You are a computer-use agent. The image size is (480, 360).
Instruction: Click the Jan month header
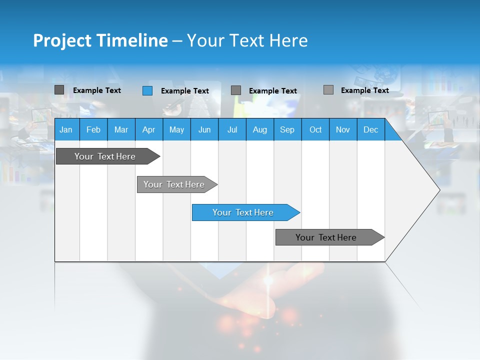pos(66,129)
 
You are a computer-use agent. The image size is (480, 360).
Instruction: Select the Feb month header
pos(93,129)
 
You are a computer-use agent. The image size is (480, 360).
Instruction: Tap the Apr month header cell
pos(149,129)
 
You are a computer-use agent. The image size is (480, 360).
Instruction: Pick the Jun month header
pos(204,129)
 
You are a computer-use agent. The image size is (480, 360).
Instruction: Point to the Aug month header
pos(260,129)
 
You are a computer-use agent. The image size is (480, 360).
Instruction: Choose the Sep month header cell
pos(287,129)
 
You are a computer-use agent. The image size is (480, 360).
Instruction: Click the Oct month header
pos(315,129)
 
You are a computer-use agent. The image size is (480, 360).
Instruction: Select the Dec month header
pos(371,129)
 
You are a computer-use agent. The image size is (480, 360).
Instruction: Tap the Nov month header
pos(343,129)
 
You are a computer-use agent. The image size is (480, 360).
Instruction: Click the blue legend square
pos(147,90)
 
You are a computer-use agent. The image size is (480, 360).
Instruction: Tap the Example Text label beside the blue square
pos(185,91)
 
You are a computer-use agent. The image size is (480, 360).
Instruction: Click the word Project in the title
pos(62,40)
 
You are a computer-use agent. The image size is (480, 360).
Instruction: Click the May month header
pos(176,129)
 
